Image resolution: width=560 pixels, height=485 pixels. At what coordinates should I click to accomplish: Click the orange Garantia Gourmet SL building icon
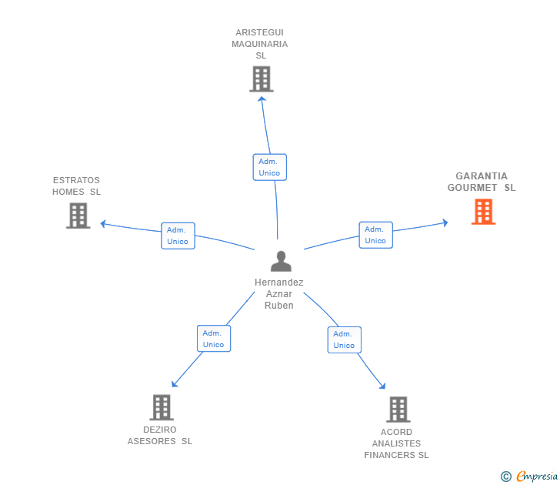pos(483,212)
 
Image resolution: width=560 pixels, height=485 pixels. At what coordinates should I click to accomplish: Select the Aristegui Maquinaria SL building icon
pos(262,79)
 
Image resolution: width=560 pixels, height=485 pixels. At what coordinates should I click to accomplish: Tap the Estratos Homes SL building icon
pos(78,216)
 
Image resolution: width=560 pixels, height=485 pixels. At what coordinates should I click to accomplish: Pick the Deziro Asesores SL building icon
pos(161,407)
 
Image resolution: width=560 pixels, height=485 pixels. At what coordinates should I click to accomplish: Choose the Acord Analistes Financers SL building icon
pos(398,410)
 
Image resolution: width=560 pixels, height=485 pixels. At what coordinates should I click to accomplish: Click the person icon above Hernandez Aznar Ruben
pos(281,262)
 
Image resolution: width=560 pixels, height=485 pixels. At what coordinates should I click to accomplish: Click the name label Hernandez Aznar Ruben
pos(279,294)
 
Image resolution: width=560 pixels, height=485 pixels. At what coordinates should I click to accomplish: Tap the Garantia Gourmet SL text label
pos(482,182)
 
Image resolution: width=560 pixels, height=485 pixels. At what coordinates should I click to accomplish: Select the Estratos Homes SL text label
pos(76,186)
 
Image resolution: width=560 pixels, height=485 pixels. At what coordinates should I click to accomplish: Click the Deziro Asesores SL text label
pos(160,436)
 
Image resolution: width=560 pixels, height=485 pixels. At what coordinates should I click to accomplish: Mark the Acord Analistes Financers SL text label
pos(397,443)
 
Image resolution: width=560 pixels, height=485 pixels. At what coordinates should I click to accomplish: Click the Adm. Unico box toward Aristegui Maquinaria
pos(269,167)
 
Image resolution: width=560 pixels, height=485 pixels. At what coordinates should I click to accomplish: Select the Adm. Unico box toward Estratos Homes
pos(178,236)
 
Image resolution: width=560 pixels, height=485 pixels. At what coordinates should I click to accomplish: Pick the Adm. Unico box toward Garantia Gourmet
pos(375,235)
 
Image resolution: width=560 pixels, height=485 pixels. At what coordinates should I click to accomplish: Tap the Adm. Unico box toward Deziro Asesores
pos(214,339)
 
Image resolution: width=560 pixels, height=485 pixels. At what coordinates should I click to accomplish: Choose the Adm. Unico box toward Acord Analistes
pos(344,339)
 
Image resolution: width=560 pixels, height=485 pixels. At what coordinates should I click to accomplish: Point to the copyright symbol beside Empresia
pos(506,477)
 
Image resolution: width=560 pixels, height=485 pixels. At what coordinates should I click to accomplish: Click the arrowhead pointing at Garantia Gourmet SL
pos(445,223)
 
